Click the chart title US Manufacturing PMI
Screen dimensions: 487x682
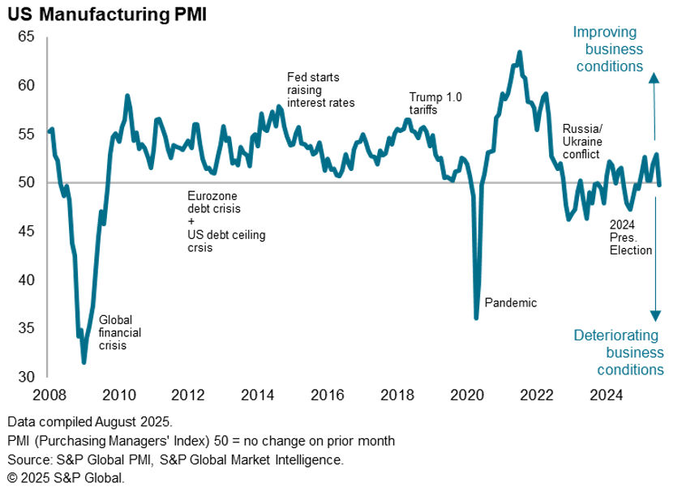106,14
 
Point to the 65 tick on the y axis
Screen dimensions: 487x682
26,36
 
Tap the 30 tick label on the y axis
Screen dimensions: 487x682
26,377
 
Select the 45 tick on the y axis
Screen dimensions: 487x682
26,231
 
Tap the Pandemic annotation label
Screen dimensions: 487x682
511,303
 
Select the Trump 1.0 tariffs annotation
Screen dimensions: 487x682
435,103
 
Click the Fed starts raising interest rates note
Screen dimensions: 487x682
320,90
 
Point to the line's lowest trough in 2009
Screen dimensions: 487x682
84,362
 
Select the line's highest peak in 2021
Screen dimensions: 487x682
519,53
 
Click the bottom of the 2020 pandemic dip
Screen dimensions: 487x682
476,318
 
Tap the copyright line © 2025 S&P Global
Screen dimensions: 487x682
66,477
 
